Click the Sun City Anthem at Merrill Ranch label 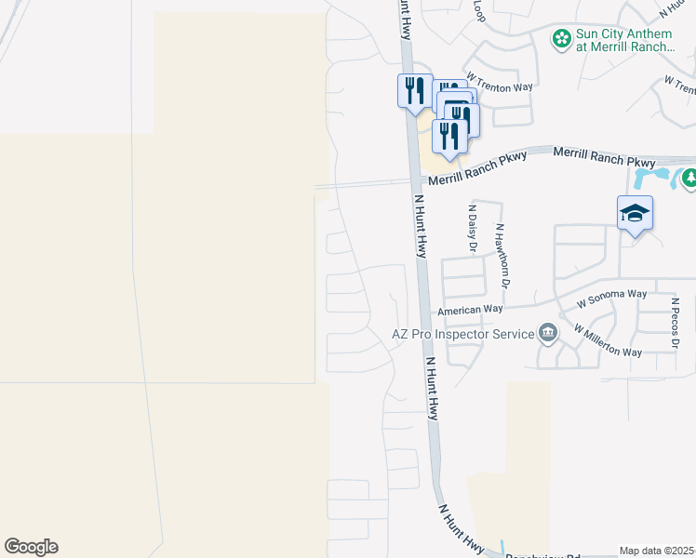click(x=623, y=40)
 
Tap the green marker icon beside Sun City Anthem click(x=562, y=39)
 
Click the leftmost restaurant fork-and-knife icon click(x=414, y=90)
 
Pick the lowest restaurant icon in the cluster click(x=449, y=136)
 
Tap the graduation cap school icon click(x=635, y=214)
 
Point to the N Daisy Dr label click(x=473, y=230)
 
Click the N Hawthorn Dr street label click(x=502, y=253)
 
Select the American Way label click(x=470, y=309)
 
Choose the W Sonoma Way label click(x=611, y=297)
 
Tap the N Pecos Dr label click(x=676, y=323)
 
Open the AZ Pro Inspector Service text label click(x=462, y=333)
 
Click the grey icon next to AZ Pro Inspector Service click(x=548, y=333)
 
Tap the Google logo click(x=31, y=547)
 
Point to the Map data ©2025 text click(x=657, y=551)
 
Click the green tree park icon click(x=689, y=178)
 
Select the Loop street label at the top click(x=479, y=11)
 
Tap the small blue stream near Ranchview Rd click(x=503, y=548)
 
